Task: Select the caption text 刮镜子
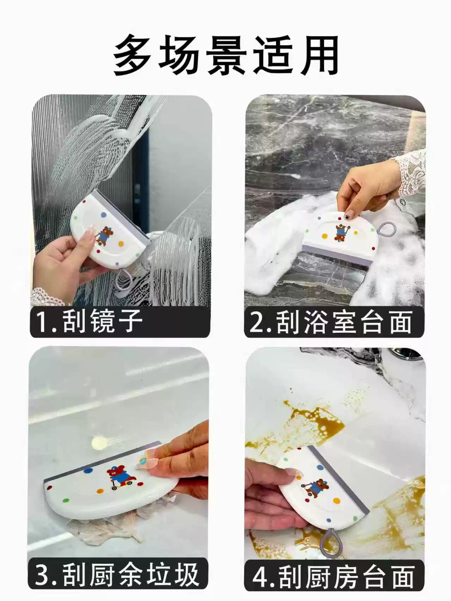(103, 321)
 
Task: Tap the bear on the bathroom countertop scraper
(340, 233)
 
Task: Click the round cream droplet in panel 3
(99, 442)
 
